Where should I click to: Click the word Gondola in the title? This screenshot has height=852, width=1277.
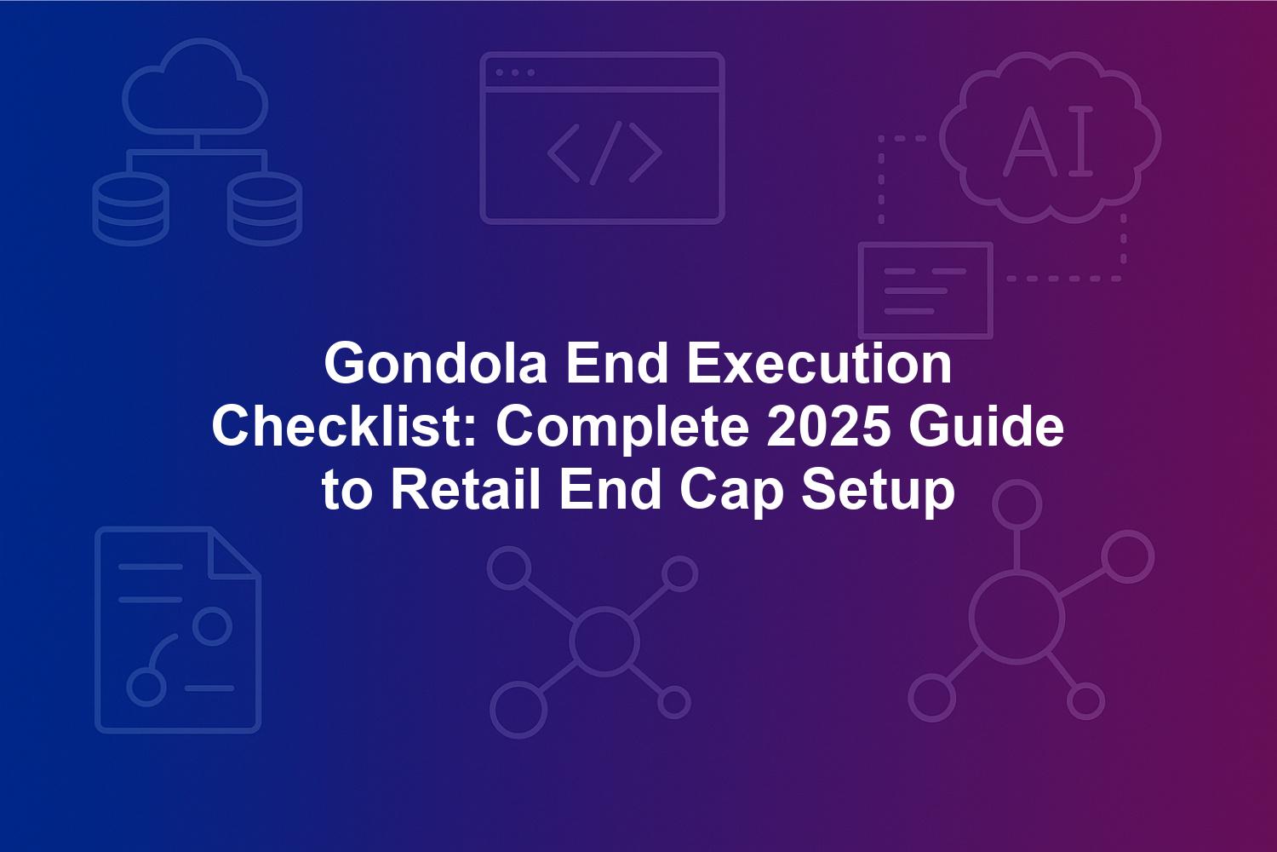[x=436, y=364]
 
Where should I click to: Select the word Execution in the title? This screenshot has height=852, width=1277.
[x=819, y=364]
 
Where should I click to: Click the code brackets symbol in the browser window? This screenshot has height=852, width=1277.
[x=604, y=153]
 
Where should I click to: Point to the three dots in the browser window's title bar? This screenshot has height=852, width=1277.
[x=515, y=72]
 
